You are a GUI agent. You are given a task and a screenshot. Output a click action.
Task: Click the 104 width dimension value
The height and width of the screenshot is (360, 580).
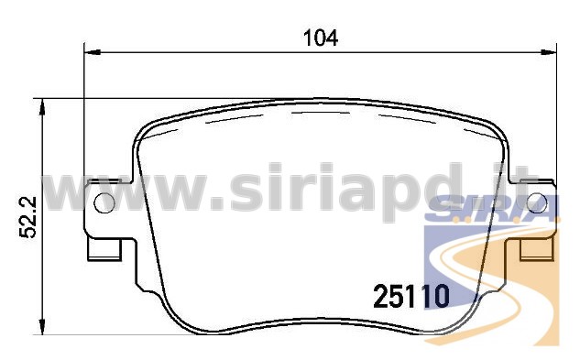click(321, 38)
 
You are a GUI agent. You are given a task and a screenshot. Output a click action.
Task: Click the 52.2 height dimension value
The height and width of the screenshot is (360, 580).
click(27, 217)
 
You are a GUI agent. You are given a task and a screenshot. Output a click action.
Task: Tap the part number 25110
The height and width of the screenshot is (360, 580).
click(411, 297)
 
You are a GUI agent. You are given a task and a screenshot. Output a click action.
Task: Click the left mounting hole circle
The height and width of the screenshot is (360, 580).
click(104, 203)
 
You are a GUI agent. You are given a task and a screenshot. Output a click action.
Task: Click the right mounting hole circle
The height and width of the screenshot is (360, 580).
click(537, 203)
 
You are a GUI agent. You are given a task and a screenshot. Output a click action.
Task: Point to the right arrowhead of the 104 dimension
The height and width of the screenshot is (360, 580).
click(549, 52)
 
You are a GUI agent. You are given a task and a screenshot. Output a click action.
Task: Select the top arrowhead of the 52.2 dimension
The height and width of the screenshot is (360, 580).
click(43, 106)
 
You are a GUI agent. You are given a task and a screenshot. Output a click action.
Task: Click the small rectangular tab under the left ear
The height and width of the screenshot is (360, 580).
click(104, 249)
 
